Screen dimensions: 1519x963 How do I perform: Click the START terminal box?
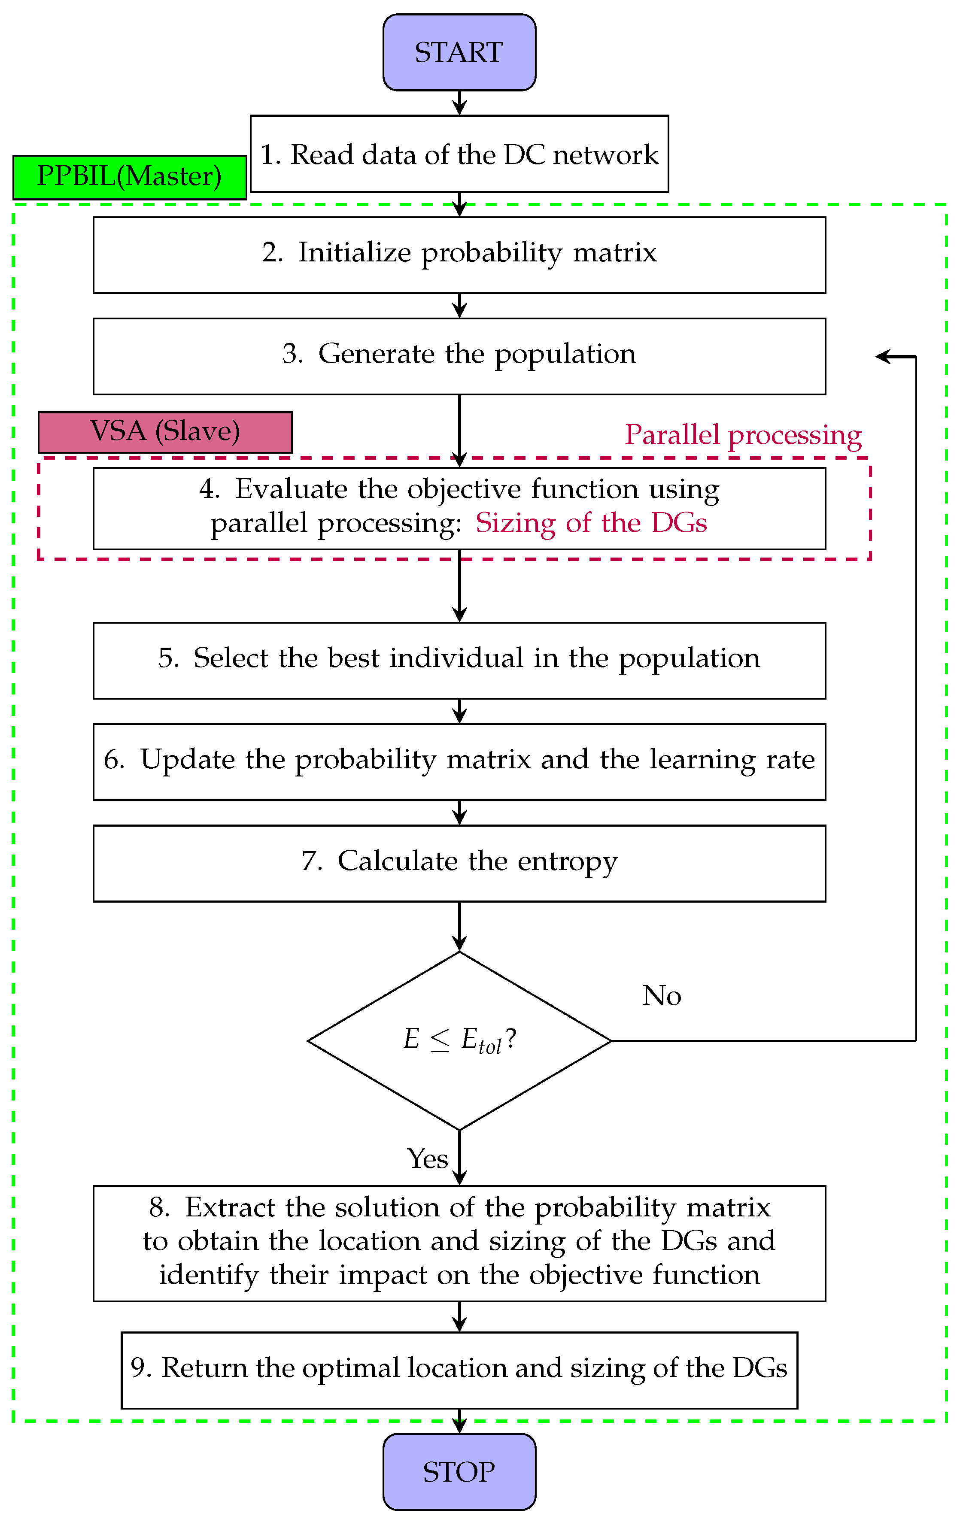459,52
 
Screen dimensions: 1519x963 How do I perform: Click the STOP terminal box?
459,1472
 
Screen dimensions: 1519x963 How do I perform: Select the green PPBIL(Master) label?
129,177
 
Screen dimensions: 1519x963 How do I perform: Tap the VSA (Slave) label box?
165,432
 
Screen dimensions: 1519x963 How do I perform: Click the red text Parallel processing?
743,435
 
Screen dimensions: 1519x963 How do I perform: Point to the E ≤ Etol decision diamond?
459,1040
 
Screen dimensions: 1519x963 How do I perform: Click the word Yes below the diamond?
427,1159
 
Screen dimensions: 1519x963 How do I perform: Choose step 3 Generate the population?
459,356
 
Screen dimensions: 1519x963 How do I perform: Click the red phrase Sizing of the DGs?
591,523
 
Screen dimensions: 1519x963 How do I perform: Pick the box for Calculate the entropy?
459,863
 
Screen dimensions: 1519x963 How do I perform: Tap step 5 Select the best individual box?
459,660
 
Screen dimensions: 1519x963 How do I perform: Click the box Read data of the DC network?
459,154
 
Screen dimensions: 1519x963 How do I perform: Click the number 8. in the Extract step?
159,1207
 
